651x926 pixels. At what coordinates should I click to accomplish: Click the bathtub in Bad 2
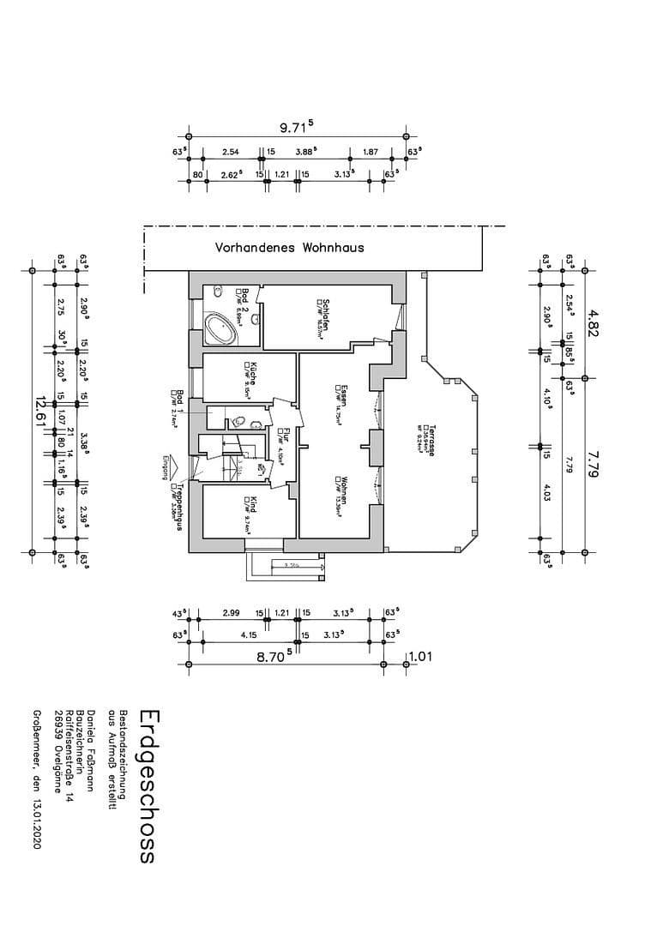tap(224, 327)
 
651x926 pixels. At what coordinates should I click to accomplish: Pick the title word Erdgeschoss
tap(147, 785)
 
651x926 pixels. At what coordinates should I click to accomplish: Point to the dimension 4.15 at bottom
tap(250, 635)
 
